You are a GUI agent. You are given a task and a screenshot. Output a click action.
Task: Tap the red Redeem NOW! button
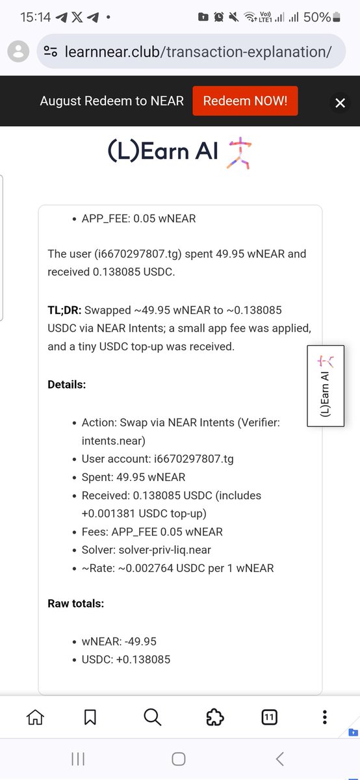245,101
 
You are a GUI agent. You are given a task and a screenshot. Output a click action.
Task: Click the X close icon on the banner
340,102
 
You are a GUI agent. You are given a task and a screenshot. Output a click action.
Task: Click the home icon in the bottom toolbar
35,717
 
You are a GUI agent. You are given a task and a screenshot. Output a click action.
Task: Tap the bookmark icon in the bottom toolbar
90,717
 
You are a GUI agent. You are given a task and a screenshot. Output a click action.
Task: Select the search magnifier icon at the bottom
152,717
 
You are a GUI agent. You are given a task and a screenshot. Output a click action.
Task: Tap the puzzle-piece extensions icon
214,717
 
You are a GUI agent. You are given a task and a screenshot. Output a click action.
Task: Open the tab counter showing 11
269,717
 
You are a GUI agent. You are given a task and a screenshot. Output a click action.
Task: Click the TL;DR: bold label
64,310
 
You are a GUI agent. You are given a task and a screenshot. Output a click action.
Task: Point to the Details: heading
66,384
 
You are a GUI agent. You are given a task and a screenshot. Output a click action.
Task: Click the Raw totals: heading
75,603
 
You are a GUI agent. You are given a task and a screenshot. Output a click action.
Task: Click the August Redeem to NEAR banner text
112,101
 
